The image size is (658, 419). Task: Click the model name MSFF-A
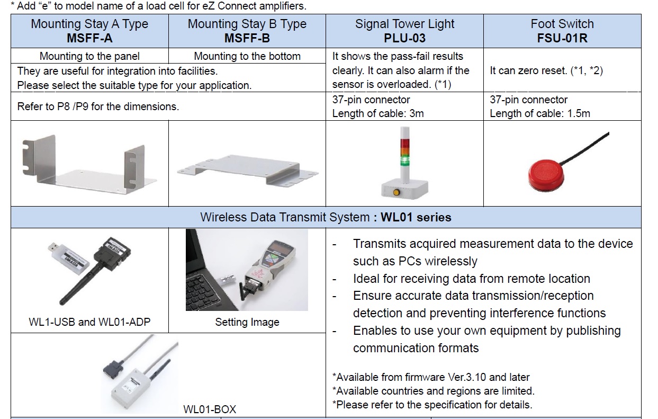coord(89,38)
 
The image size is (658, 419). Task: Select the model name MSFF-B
coord(247,38)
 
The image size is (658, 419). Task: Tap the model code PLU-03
coord(404,38)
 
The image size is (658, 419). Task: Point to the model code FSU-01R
coord(562,38)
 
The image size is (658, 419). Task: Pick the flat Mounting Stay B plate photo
coord(247,170)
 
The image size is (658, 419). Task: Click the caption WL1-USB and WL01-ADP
coord(89,322)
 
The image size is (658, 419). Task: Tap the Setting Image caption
coord(247,322)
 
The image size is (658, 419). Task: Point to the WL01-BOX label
coord(210,409)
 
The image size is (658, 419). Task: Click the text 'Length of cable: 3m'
coord(378,113)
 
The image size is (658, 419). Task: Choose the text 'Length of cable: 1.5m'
coord(540,113)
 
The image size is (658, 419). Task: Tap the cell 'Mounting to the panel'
coord(89,56)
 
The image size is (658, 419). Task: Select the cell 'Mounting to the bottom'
coord(247,56)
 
